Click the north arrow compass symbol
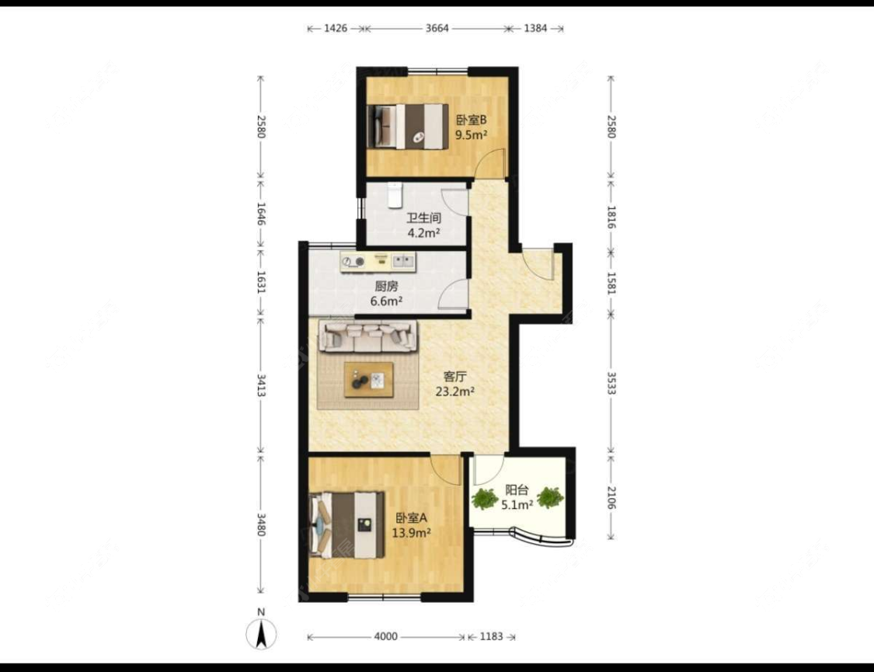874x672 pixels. coord(261,634)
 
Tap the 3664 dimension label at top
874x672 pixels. coord(437,28)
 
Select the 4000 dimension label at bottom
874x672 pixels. coord(385,636)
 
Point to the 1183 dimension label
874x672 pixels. coord(491,636)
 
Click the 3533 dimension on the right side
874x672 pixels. coord(611,383)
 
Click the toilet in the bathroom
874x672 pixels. coord(395,194)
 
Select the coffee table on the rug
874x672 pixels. coord(368,379)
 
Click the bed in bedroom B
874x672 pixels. coord(408,127)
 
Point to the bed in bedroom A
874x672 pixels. coord(346,524)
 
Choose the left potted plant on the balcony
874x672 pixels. coord(484,498)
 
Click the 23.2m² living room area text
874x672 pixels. coord(454,392)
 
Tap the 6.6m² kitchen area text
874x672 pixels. coord(386,301)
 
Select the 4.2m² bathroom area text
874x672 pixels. coord(423,233)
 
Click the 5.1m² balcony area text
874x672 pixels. coord(517,505)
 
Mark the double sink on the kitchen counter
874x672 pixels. coord(403,259)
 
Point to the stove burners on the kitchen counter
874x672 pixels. coord(353,261)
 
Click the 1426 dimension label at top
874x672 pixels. coord(336,28)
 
